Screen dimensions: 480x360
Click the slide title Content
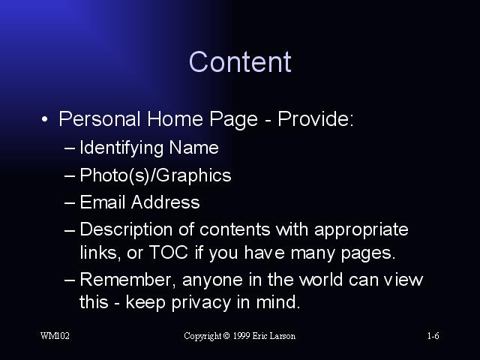(x=240, y=61)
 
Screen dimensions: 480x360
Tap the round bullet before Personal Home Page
(x=45, y=119)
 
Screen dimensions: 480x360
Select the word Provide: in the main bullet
(x=316, y=118)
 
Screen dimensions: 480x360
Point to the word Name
(x=193, y=148)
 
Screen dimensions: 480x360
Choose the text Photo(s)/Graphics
(x=155, y=175)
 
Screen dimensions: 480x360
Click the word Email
(x=103, y=202)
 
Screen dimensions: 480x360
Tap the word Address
(x=165, y=202)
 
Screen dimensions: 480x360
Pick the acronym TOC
(x=169, y=252)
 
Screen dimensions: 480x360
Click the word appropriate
(x=361, y=229)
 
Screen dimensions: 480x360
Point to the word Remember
(x=127, y=280)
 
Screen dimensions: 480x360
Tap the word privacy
(x=201, y=303)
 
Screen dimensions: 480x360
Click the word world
(x=320, y=279)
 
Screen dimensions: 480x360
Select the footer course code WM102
(x=55, y=336)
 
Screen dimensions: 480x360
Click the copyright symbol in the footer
(x=226, y=336)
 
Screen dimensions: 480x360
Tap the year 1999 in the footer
(x=241, y=336)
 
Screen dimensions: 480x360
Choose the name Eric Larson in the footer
(x=274, y=336)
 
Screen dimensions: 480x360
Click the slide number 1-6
(x=433, y=336)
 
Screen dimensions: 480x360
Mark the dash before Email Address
(x=70, y=202)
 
